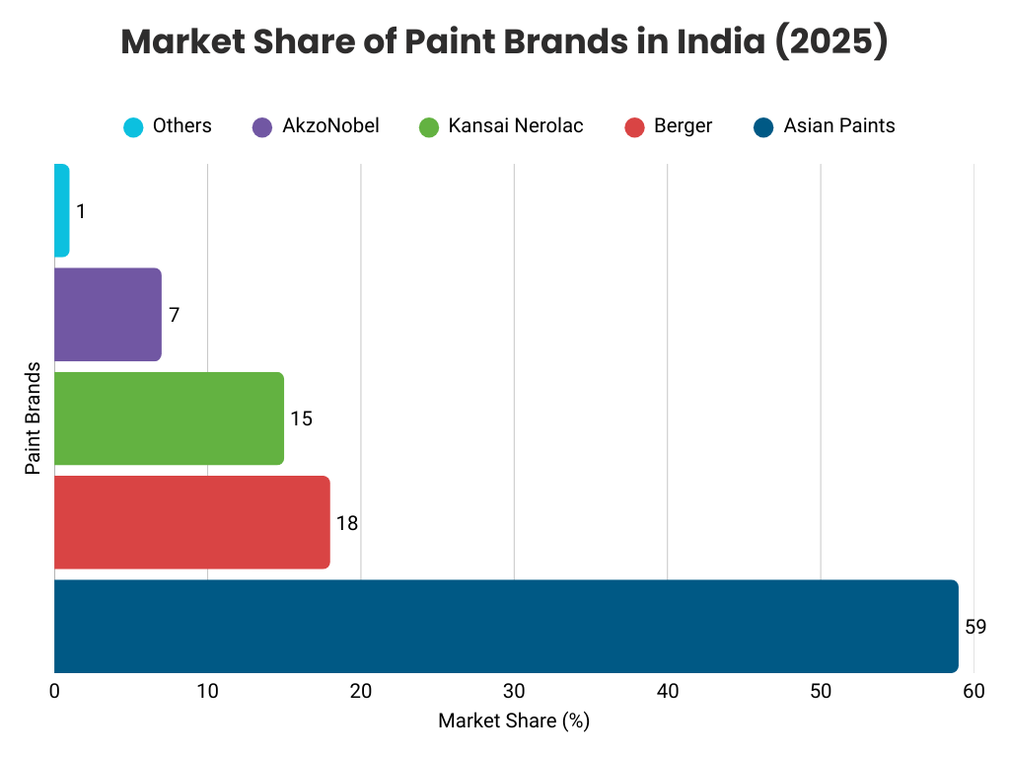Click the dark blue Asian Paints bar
(x=505, y=626)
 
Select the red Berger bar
(x=191, y=522)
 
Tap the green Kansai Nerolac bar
(x=169, y=418)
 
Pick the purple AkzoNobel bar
(x=108, y=314)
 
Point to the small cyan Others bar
(x=61, y=210)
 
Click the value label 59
(x=975, y=627)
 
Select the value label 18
(x=346, y=523)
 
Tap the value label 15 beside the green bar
(x=301, y=418)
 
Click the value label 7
(x=174, y=315)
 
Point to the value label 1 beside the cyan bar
(x=80, y=211)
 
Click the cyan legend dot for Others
(x=133, y=126)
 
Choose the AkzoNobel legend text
(x=330, y=125)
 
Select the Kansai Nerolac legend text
(x=515, y=125)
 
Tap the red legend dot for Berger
(x=635, y=126)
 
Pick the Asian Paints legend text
(x=839, y=125)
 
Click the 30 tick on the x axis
(x=514, y=692)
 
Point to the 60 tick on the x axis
(x=974, y=692)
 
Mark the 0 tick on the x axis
(x=54, y=692)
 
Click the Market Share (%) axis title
(x=513, y=721)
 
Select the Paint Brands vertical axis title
(x=34, y=417)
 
